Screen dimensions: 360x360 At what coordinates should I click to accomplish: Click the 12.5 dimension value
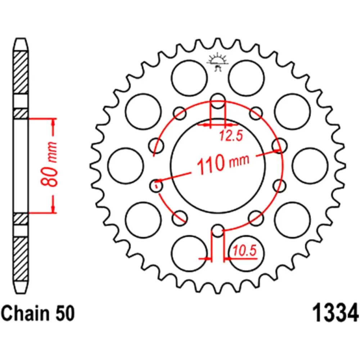(231, 136)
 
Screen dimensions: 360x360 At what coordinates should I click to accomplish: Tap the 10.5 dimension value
(245, 250)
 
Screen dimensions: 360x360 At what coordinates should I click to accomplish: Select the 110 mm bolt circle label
(223, 162)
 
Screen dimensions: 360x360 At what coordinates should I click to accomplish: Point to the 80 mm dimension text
(49, 164)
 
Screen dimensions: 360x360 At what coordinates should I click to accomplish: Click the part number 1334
(336, 313)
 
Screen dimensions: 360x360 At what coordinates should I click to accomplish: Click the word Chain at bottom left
(25, 314)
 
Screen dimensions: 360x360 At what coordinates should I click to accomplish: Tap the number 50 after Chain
(65, 314)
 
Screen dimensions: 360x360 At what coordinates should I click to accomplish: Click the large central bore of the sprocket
(218, 165)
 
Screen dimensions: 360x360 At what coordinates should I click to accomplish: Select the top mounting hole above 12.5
(218, 101)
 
